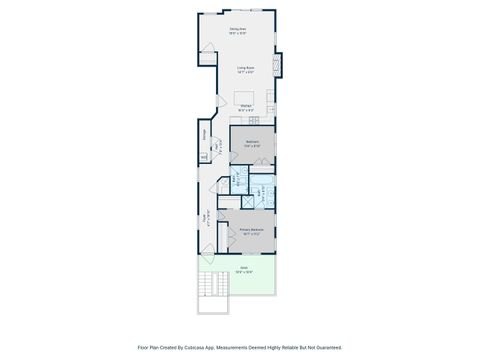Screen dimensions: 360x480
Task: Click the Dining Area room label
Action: [x=237, y=31]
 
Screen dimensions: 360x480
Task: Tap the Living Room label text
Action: [x=245, y=70]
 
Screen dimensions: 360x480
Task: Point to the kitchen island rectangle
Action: [x=245, y=105]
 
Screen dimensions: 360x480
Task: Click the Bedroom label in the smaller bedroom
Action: [x=252, y=143]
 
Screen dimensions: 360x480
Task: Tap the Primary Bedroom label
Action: [x=251, y=231]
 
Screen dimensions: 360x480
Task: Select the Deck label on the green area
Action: [x=243, y=270]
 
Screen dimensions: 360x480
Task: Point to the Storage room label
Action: [x=205, y=133]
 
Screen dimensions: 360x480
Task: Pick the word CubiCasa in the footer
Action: [x=196, y=347]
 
